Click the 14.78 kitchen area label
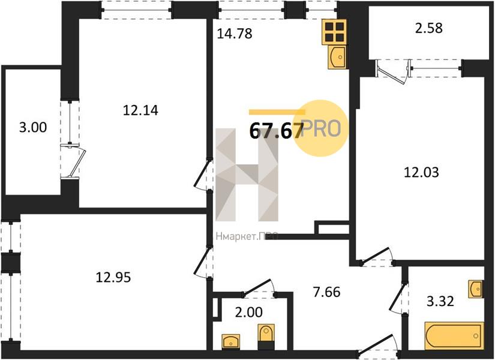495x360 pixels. coord(235,34)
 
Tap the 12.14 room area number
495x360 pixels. coord(140,110)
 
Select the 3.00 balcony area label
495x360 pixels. coord(33,127)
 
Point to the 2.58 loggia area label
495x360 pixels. coord(429,28)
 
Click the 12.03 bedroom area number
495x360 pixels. coord(421,172)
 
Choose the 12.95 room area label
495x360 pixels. coord(113,278)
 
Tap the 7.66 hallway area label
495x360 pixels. coord(327,292)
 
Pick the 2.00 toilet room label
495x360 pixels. coord(249,313)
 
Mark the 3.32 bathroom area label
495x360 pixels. coord(440,301)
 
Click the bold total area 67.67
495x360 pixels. coord(277,131)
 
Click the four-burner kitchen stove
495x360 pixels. coord(334,32)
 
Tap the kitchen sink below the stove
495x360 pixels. coord(337,57)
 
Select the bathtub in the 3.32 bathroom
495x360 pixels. coord(454,336)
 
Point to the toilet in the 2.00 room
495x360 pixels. coord(266,336)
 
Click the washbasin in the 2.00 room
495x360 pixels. coord(231,341)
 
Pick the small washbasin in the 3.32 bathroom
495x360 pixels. coord(476,289)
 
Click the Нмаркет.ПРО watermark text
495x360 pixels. coord(247,236)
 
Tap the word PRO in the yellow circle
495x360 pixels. coord(322,128)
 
